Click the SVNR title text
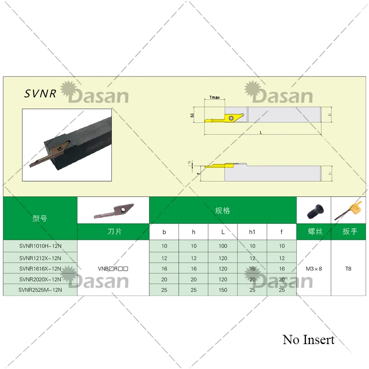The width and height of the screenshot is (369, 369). pos(40,94)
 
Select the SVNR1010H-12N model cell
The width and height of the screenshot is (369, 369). pos(40,246)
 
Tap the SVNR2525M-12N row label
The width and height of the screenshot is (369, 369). pos(40,290)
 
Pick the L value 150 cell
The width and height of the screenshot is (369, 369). pos(223,290)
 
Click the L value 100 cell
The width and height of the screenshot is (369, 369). pos(223,246)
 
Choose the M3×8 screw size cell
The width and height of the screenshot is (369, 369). pos(314,268)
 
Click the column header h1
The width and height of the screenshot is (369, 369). pos(252,232)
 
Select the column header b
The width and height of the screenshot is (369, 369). pos(164,232)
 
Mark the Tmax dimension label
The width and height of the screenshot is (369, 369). pos(214,98)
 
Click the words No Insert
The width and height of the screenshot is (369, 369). pos(309,340)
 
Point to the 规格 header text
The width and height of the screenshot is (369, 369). pos(222,211)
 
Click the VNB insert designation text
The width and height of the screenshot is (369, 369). pos(113,268)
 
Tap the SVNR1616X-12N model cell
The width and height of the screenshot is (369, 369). pos(40,268)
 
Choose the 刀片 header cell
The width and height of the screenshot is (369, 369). pos(113,232)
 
